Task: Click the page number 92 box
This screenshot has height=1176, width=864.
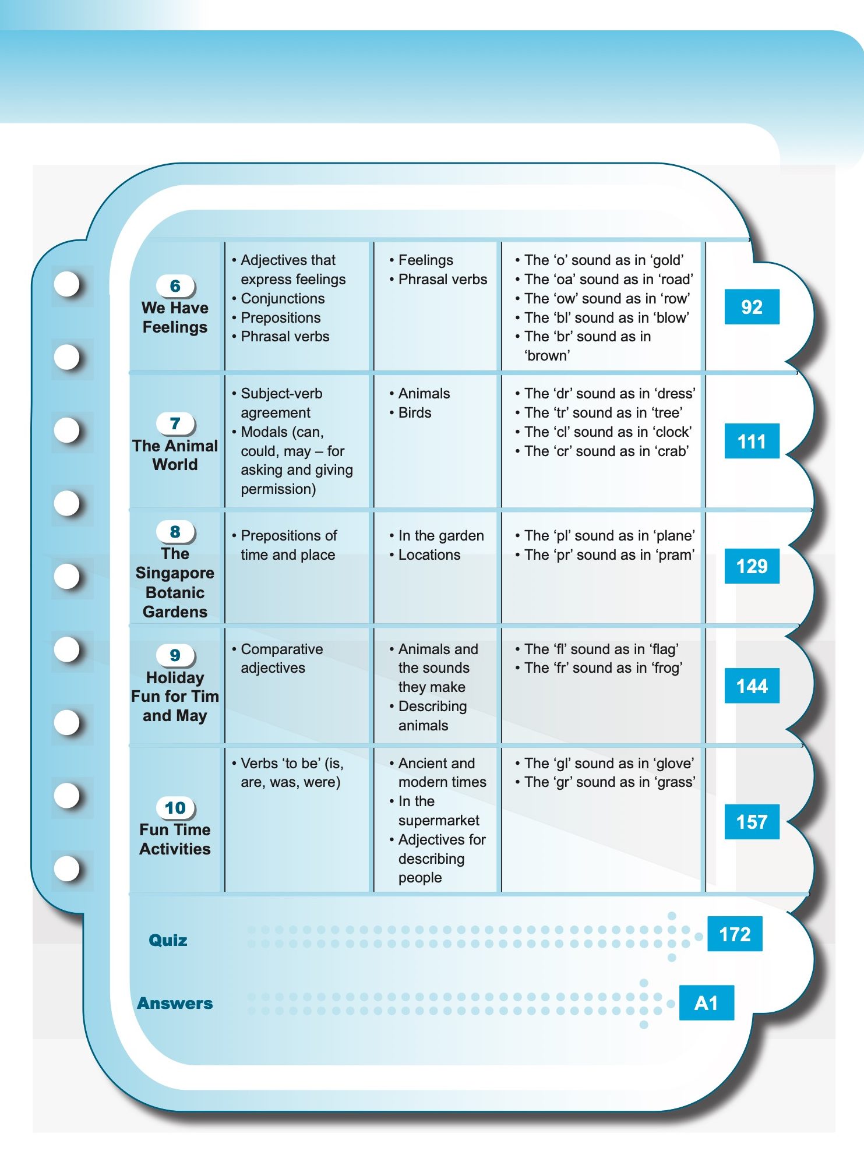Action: coord(752,307)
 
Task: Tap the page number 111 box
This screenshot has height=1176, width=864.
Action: coord(752,442)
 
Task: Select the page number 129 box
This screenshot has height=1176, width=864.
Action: coord(752,566)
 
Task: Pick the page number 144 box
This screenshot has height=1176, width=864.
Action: coord(752,686)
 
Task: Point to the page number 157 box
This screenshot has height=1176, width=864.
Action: coord(752,822)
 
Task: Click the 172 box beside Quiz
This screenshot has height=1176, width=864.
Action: coord(735,934)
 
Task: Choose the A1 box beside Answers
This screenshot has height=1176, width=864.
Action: coord(706,1003)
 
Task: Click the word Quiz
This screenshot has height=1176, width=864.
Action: coord(168,940)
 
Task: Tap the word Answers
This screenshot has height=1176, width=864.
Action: coord(175,1003)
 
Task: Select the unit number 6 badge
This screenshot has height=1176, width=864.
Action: coord(175,286)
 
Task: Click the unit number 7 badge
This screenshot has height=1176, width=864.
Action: coord(175,423)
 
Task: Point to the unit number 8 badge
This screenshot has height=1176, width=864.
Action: coord(175,532)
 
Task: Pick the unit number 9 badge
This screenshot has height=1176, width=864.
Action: coord(175,655)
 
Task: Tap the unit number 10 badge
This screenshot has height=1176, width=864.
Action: coord(175,808)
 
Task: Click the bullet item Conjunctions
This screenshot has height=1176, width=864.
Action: coord(283,298)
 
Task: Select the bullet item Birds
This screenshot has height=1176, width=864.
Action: coord(414,413)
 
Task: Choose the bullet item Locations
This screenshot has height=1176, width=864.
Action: coord(429,555)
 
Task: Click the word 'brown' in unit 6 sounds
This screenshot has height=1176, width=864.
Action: coord(547,356)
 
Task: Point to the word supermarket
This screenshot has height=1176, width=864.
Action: coord(439,821)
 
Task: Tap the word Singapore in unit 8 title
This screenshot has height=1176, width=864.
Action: coord(175,573)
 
